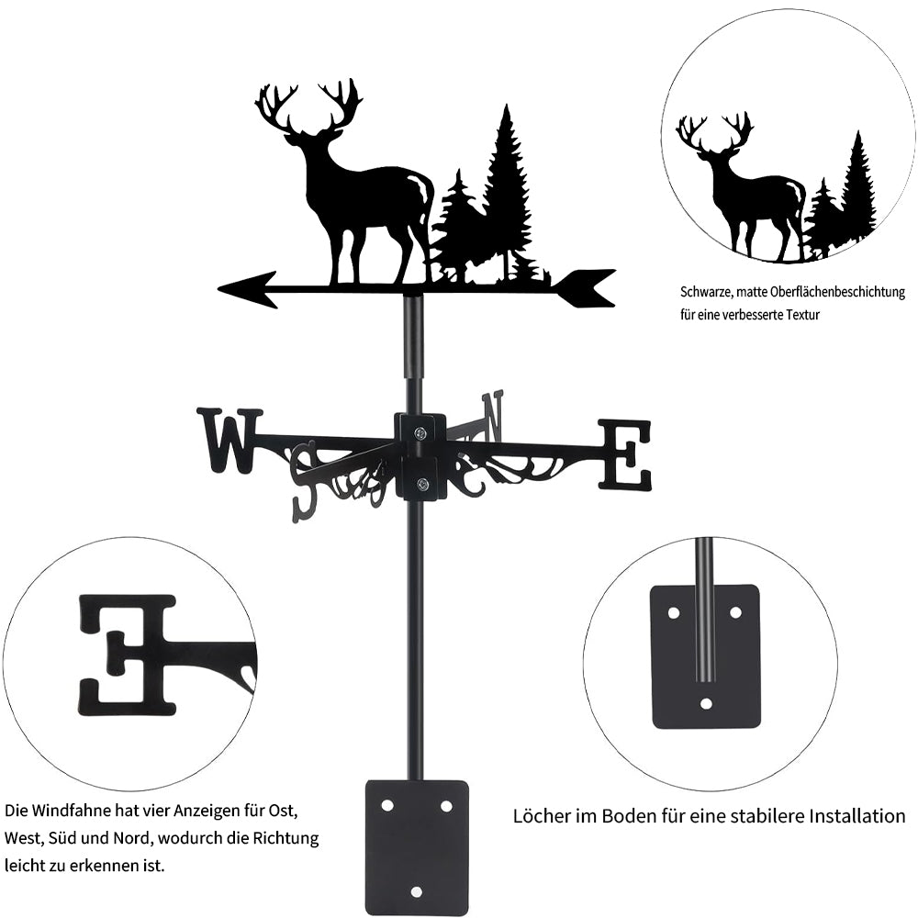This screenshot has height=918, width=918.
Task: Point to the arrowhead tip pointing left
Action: [219, 288]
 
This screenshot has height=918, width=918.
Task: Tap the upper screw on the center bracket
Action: [421, 433]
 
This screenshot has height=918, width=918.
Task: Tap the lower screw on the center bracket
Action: [421, 484]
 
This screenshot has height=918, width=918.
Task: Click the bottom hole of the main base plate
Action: [416, 891]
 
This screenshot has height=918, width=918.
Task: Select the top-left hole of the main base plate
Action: [386, 806]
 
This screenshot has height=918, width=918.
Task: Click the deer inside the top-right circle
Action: [742, 187]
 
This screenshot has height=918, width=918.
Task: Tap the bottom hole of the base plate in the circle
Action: [707, 703]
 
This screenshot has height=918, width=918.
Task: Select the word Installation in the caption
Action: [854, 815]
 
